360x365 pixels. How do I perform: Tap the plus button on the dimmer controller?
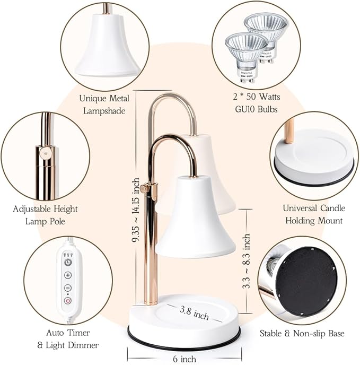(x=68, y=275)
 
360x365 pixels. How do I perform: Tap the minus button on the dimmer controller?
(x=68, y=288)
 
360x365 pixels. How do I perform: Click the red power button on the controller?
(x=68, y=301)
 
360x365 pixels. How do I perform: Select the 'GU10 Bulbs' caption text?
(x=257, y=109)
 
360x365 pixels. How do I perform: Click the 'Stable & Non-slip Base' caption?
(x=302, y=334)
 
